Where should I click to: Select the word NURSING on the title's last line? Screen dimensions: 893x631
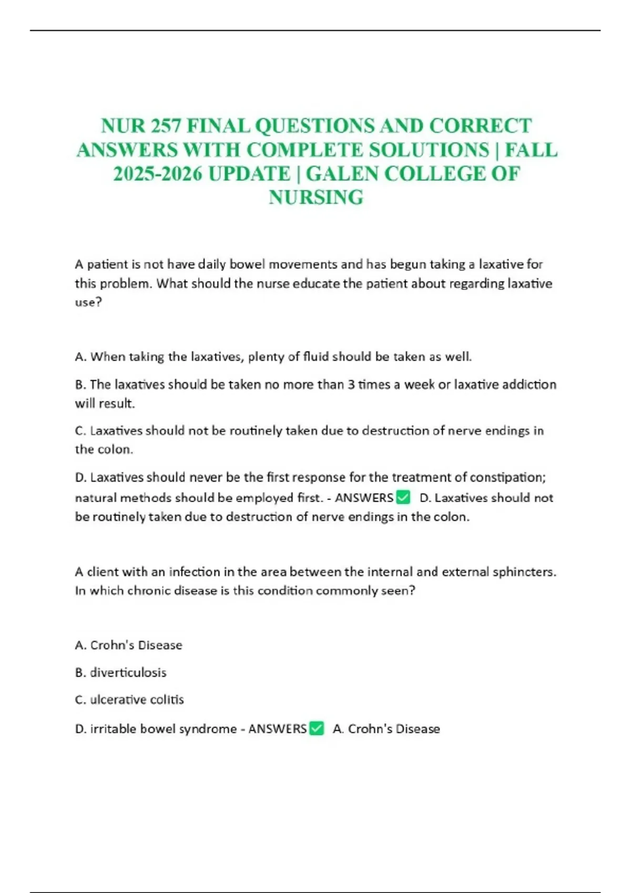click(x=316, y=198)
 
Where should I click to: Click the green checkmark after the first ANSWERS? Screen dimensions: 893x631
click(x=403, y=497)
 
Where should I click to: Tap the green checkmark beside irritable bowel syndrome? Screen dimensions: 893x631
click(x=317, y=728)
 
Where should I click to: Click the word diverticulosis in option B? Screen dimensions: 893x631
click(x=128, y=672)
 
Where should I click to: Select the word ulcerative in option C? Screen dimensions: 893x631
click(x=110, y=700)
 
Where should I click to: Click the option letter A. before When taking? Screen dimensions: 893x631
click(x=80, y=357)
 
